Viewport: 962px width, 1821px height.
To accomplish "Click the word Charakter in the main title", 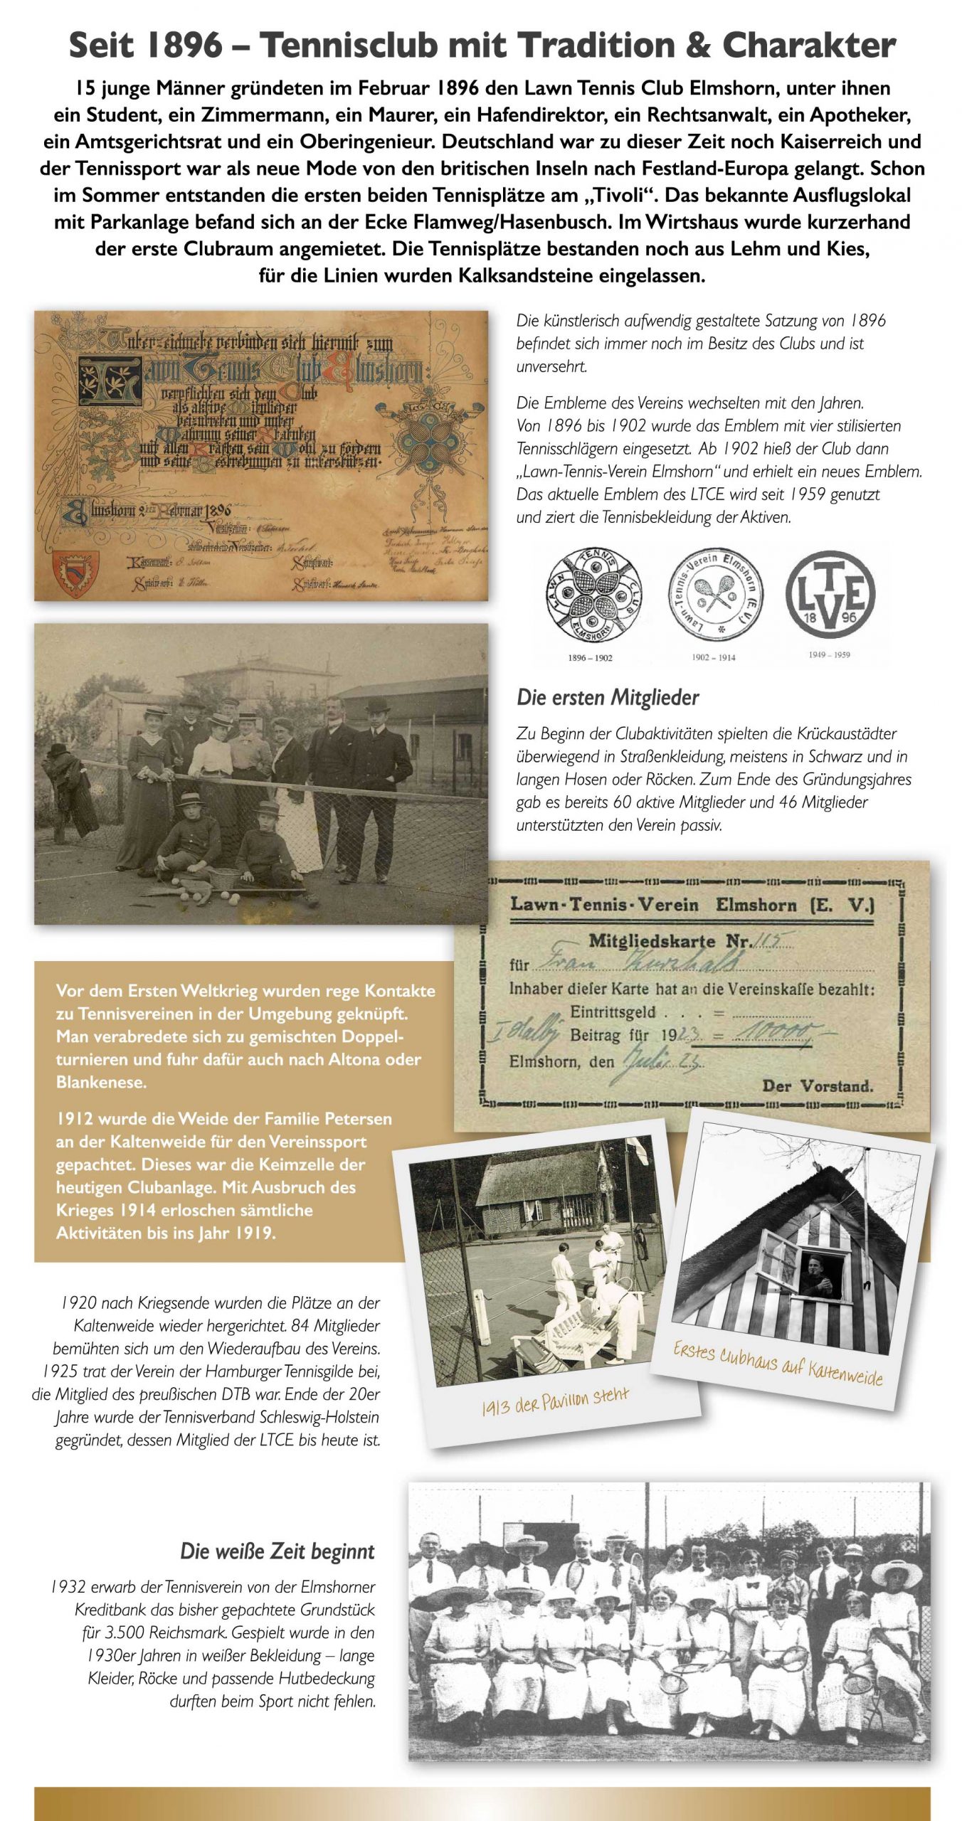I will tap(808, 46).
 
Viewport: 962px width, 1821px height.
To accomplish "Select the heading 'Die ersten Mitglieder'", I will tap(608, 697).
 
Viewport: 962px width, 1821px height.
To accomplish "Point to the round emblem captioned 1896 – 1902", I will tap(593, 595).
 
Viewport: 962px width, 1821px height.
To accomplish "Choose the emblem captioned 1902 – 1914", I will tap(714, 595).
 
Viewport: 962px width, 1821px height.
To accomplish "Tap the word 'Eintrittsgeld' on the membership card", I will tap(613, 1012).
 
